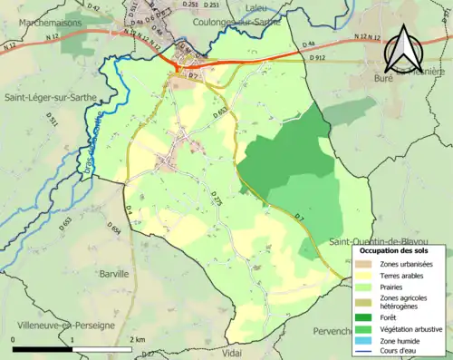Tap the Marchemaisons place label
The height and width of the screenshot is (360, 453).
click(x=41, y=22)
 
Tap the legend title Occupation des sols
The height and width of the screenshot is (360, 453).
click(x=399, y=250)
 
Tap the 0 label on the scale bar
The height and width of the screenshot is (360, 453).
click(x=14, y=339)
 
